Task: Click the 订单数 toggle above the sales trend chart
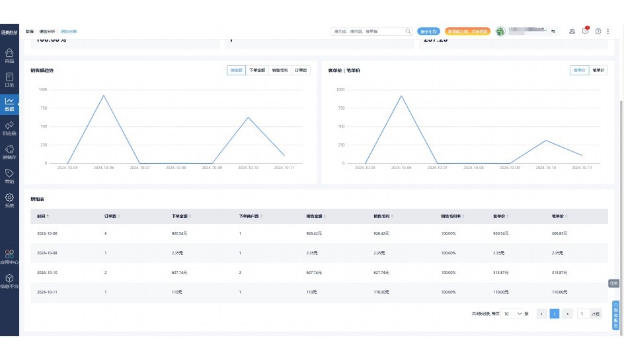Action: [x=301, y=70]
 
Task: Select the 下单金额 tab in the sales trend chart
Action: [x=257, y=70]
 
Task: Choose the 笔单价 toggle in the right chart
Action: [x=598, y=70]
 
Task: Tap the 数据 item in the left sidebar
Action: [x=9, y=104]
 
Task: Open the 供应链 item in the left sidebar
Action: [x=9, y=127]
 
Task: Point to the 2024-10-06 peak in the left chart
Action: [x=104, y=95]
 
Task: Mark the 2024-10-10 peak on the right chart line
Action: [x=545, y=140]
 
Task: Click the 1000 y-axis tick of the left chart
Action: [x=42, y=89]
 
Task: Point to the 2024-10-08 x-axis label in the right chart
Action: [x=473, y=168]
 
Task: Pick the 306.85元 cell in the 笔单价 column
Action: [x=559, y=234]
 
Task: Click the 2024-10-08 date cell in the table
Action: [x=47, y=253]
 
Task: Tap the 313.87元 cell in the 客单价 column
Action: [x=502, y=273]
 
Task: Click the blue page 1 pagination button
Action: [x=555, y=314]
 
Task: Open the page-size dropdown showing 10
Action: [x=512, y=314]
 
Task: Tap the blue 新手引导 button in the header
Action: [x=428, y=31]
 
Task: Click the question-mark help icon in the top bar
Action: [x=598, y=31]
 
